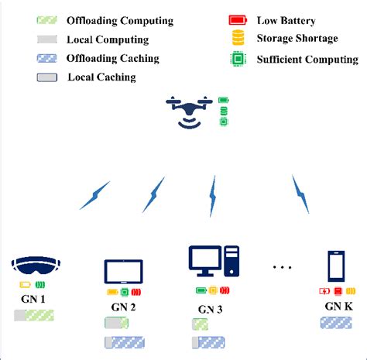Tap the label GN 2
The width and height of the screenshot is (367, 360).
pos(123,307)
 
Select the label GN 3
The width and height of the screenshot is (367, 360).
pos(211,310)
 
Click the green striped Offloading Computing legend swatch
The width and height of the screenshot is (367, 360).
pos(46,19)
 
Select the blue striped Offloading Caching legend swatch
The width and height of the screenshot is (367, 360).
pos(46,58)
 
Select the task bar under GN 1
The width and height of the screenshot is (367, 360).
pos(33,315)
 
